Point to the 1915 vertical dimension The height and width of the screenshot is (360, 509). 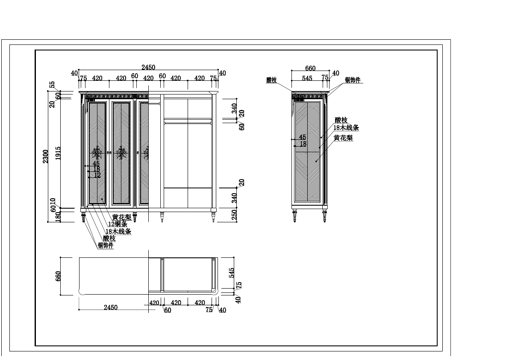pyautogui.click(x=58, y=154)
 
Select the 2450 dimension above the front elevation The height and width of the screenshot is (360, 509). pyautogui.click(x=148, y=67)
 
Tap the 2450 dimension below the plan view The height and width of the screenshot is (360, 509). pyautogui.click(x=111, y=307)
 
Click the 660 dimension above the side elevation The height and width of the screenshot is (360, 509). pyautogui.click(x=310, y=68)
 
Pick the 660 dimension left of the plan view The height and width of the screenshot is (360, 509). pyautogui.click(x=58, y=276)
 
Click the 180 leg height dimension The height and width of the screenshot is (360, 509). pyautogui.click(x=59, y=217)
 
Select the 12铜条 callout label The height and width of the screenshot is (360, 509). pyautogui.click(x=118, y=224)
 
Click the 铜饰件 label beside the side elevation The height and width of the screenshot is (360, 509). pyautogui.click(x=353, y=80)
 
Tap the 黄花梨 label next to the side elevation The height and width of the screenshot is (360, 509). pyautogui.click(x=344, y=138)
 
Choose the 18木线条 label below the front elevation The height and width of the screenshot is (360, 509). pyautogui.click(x=118, y=232)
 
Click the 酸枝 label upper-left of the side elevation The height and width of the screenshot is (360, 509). pyautogui.click(x=271, y=80)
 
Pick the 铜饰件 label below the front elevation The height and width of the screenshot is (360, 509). pyautogui.click(x=106, y=245)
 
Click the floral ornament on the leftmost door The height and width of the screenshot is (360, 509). pyautogui.click(x=97, y=153)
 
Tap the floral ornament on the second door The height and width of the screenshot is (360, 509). pyautogui.click(x=122, y=153)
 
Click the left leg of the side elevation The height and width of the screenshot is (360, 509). pyautogui.click(x=294, y=215)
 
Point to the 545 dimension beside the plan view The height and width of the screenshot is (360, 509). pyautogui.click(x=232, y=272)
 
